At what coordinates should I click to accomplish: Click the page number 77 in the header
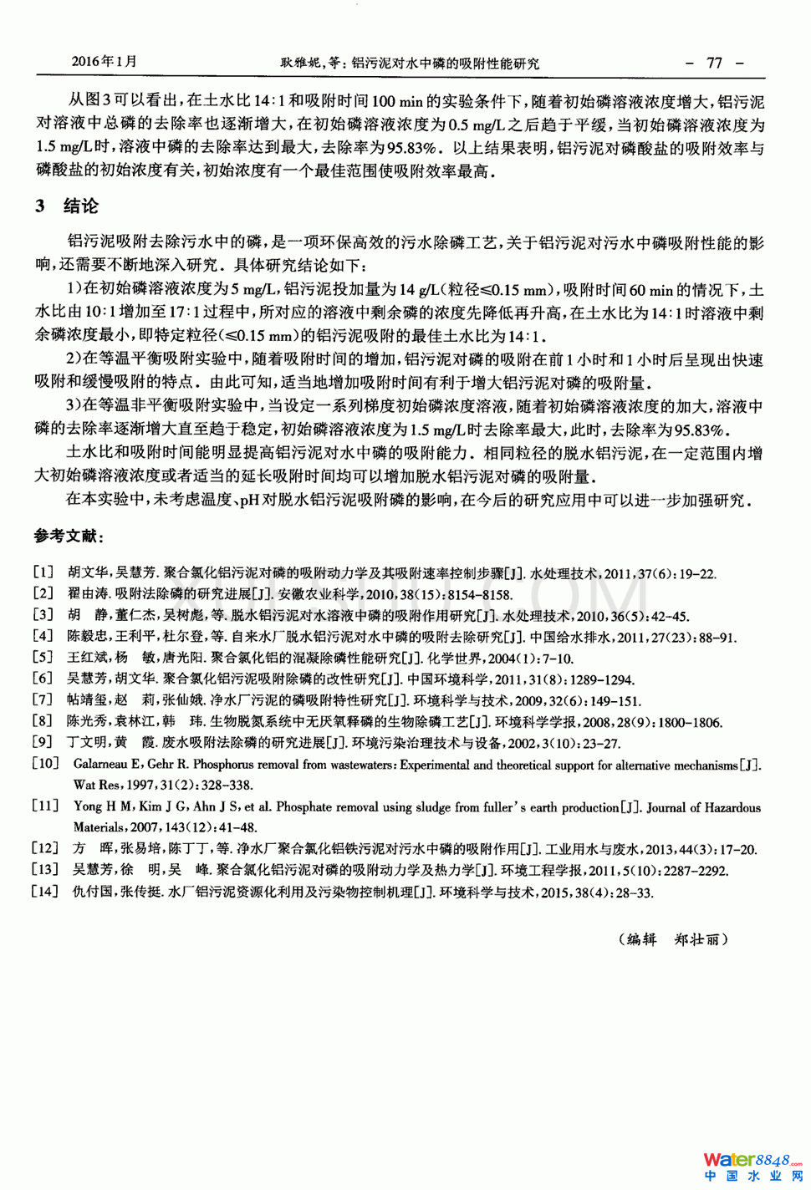tap(714, 63)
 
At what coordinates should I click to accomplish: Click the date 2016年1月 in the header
tap(104, 61)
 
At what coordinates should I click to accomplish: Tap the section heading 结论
tap(81, 206)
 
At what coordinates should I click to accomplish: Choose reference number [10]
tap(45, 763)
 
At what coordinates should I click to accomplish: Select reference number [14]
tap(45, 891)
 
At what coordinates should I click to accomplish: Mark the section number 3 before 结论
tap(40, 206)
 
